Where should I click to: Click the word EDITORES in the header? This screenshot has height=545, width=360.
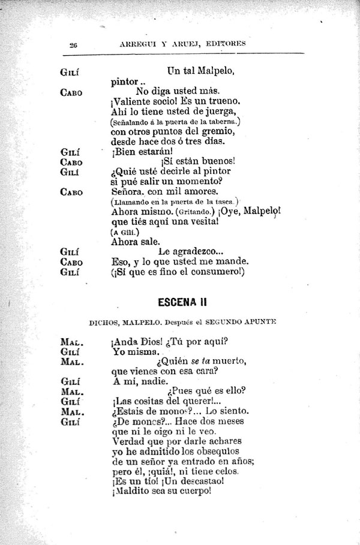[225, 44]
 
